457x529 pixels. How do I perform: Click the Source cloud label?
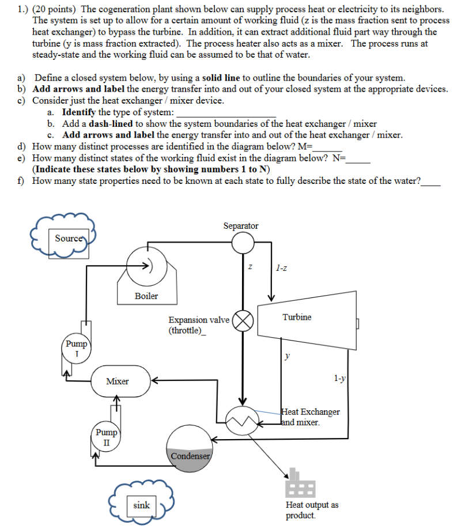click(x=68, y=238)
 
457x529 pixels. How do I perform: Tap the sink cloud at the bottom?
click(x=141, y=505)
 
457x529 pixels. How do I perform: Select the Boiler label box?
click(x=146, y=296)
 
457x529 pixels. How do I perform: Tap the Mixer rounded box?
click(x=118, y=381)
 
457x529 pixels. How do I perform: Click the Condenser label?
click(x=190, y=456)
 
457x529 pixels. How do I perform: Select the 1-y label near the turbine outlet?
click(x=340, y=379)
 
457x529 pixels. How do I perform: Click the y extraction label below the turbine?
click(x=287, y=356)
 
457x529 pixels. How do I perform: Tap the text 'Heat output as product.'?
click(x=312, y=510)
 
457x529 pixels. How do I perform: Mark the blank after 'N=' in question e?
click(x=357, y=158)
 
